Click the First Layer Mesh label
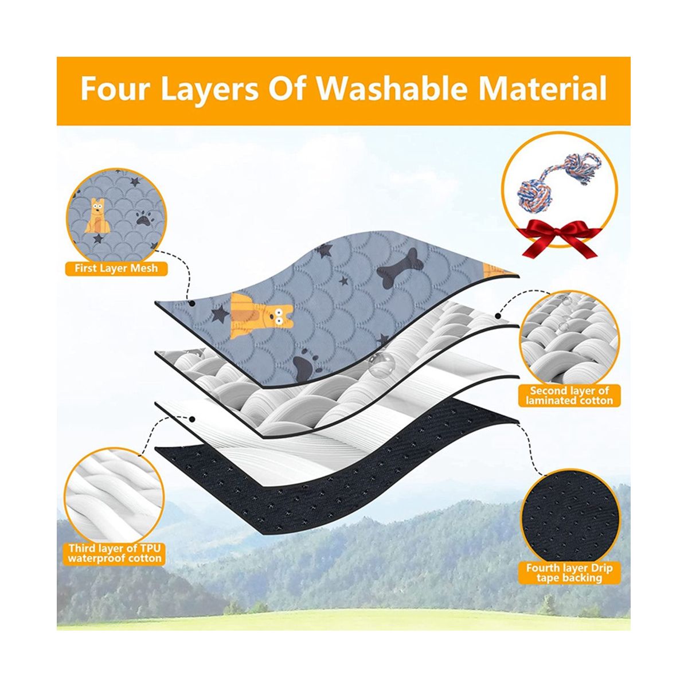click(x=116, y=268)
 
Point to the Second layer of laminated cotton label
click(x=569, y=395)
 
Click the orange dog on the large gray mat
click(x=261, y=315)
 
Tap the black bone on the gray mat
click(x=400, y=268)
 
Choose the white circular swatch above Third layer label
click(x=114, y=495)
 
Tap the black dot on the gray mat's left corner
click(x=192, y=303)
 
